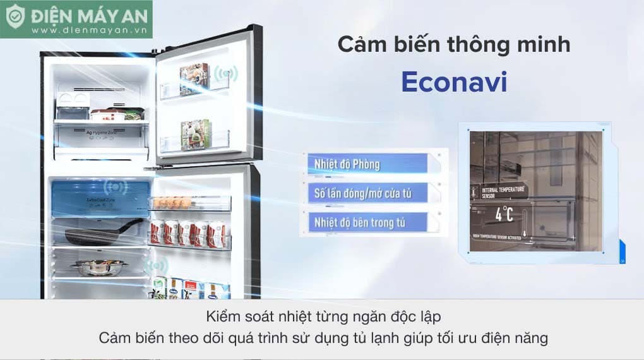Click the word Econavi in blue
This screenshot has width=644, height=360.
tap(454, 83)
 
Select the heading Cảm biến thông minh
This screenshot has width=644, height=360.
tap(453, 45)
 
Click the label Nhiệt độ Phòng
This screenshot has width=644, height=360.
tap(344, 164)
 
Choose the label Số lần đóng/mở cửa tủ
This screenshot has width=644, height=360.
tap(363, 193)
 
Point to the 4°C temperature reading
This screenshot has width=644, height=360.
tap(504, 213)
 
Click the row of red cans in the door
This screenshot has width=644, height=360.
tap(189, 233)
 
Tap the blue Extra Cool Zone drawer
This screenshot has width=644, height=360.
tap(101, 200)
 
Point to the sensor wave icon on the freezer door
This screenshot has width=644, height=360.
tap(222, 75)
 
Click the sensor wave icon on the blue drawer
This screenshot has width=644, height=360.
tap(116, 187)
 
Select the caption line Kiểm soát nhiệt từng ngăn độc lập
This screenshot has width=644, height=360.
tap(323, 315)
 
